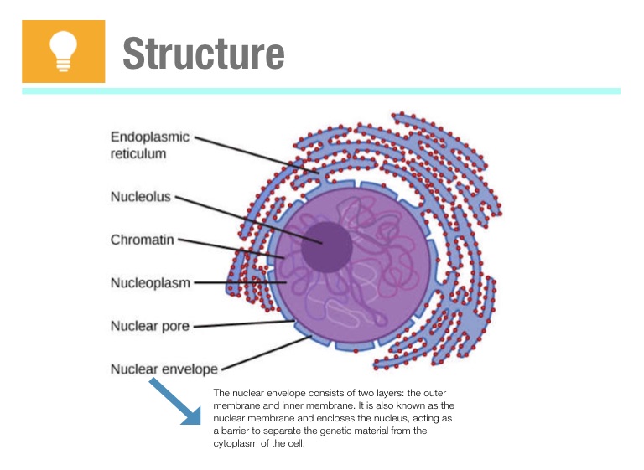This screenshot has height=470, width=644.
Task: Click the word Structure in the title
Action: (204, 53)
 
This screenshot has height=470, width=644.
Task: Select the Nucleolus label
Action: (141, 197)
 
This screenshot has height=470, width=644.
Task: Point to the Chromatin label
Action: (143, 240)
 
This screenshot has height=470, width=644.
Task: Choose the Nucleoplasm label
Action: (150, 282)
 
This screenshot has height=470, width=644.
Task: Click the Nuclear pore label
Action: (149, 325)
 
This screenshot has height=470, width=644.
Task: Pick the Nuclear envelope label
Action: (164, 369)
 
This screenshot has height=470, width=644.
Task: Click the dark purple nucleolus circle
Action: (326, 246)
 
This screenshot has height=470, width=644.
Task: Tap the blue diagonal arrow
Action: (175, 402)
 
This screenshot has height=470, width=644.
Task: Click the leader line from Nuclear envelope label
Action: (265, 352)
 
